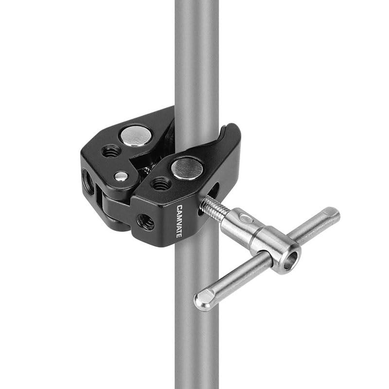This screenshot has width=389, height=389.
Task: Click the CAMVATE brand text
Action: [x=179, y=221]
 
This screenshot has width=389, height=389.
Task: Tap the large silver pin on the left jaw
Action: [x=136, y=136]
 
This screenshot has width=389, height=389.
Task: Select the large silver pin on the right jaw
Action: [x=187, y=169]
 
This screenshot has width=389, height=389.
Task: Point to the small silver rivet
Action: [x=121, y=177]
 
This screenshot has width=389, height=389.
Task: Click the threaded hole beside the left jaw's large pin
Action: [x=111, y=151]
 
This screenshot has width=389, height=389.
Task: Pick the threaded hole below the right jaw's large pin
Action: [x=161, y=184]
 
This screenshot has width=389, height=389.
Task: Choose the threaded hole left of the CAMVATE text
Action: [x=145, y=222]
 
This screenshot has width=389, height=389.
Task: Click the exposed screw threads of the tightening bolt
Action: [x=214, y=207]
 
